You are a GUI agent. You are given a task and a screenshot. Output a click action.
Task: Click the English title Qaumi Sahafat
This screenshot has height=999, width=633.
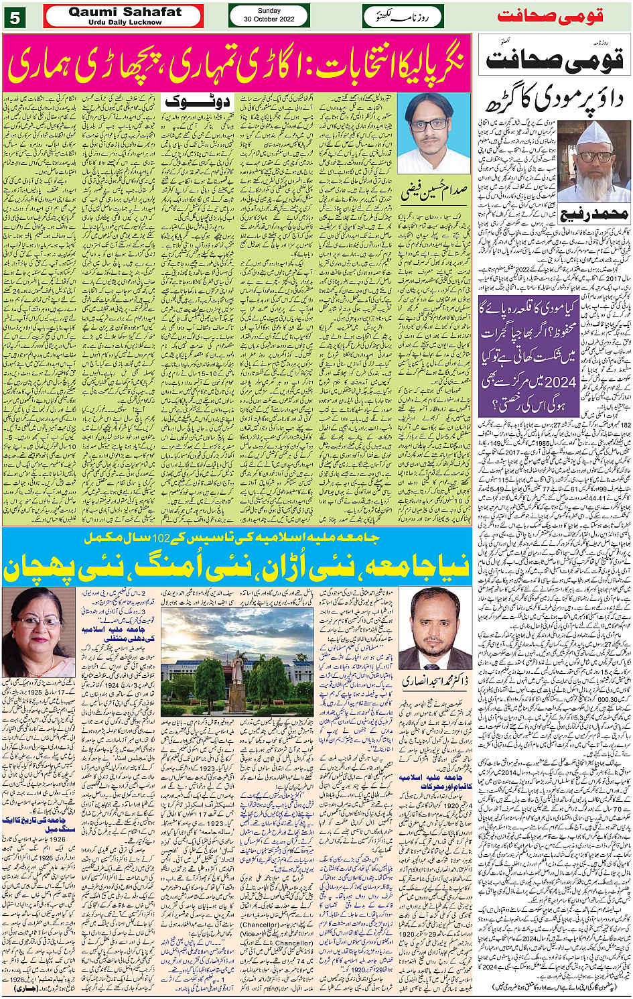(125, 11)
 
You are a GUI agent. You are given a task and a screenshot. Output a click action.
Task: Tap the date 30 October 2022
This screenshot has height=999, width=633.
(269, 19)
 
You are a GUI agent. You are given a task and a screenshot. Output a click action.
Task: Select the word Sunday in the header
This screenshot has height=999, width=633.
(269, 11)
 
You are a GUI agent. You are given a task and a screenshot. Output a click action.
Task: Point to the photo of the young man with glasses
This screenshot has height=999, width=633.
(433, 133)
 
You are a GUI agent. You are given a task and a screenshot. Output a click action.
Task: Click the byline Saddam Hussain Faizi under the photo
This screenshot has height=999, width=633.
(433, 192)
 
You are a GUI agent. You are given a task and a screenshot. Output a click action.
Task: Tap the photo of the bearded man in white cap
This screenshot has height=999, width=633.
(593, 159)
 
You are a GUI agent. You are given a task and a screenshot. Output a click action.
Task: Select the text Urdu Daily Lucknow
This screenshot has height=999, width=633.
(125, 22)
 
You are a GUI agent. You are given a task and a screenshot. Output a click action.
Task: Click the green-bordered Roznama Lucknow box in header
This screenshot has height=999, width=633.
(403, 16)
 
